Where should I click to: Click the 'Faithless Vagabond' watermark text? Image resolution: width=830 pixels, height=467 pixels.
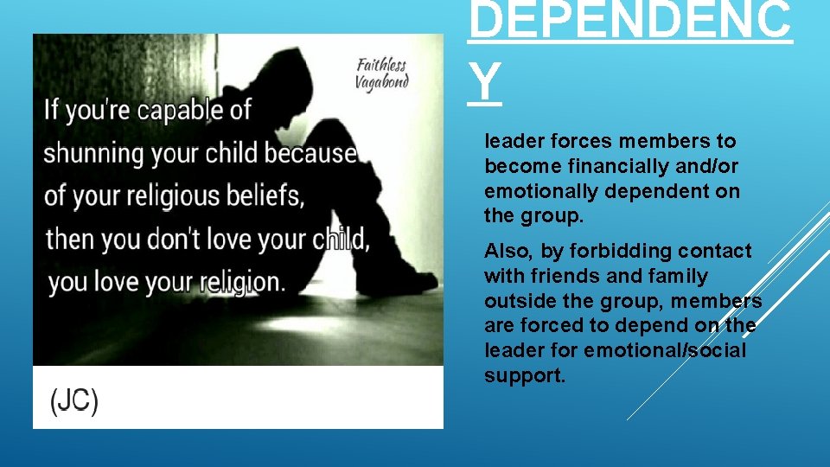click(x=381, y=73)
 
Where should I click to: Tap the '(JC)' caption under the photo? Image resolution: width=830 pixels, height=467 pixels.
click(x=73, y=401)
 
